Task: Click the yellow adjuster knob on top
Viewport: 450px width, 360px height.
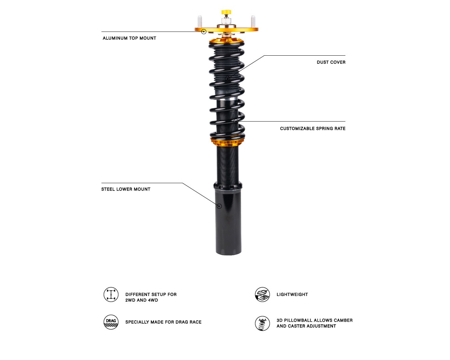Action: (x=226, y=12)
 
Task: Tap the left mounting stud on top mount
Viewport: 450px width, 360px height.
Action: (x=200, y=21)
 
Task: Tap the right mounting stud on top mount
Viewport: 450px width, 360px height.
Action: (x=253, y=21)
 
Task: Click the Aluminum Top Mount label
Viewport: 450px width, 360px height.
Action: (x=129, y=38)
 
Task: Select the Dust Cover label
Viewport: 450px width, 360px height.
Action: (x=331, y=62)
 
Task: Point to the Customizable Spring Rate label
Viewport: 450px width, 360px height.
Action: (x=313, y=128)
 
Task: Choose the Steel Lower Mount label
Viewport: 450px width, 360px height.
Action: (x=126, y=189)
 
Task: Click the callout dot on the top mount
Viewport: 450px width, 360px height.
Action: (x=204, y=32)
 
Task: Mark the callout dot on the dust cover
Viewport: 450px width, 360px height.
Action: (x=228, y=78)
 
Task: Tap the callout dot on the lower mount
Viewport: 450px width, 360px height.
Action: (x=219, y=206)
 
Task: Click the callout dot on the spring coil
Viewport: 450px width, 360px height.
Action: (x=236, y=121)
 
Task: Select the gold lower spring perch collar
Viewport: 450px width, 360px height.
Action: (x=228, y=142)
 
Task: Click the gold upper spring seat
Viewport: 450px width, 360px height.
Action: (x=226, y=41)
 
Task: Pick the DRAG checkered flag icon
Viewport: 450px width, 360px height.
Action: (x=111, y=322)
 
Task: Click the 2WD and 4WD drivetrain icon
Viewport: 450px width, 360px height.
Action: (x=111, y=295)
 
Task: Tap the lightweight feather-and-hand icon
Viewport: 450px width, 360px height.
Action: (x=262, y=295)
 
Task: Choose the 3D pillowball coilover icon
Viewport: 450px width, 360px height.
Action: (x=262, y=323)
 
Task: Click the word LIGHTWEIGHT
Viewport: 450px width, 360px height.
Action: (x=292, y=295)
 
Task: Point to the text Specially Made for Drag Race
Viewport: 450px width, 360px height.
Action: (x=163, y=322)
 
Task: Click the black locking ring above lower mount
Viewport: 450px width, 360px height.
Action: (x=228, y=186)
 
